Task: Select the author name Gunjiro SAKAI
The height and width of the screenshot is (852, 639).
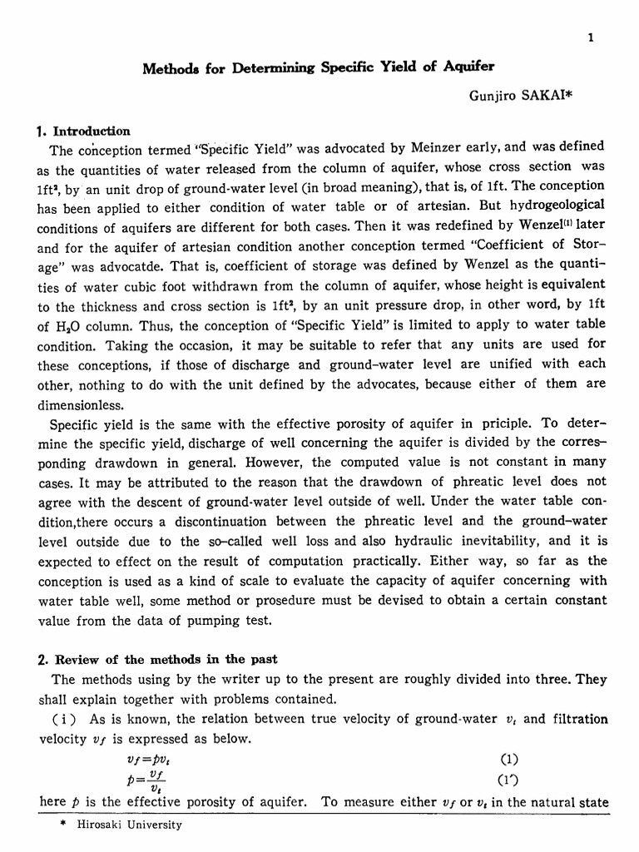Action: (x=513, y=97)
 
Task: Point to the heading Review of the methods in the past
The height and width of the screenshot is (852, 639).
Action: (x=157, y=659)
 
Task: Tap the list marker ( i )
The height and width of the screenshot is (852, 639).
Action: (x=67, y=719)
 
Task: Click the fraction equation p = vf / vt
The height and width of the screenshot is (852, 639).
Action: (x=150, y=780)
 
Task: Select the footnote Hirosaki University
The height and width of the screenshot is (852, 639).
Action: (x=130, y=825)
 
